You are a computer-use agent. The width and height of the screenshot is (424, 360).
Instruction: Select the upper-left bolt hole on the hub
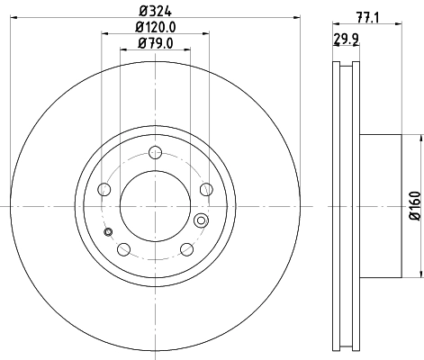tap(104, 189)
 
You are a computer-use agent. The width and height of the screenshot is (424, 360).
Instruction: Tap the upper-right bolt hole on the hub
tap(206, 188)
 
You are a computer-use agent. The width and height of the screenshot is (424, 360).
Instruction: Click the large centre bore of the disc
tap(155, 206)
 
